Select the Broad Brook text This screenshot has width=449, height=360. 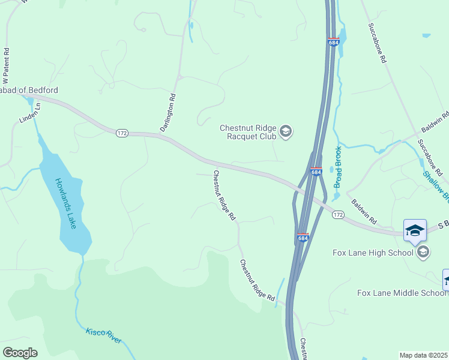tap(337, 167)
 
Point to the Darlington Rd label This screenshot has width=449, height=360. tap(167, 112)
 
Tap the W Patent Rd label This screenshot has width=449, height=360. tap(6, 66)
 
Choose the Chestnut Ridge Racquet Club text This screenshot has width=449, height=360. tap(247, 132)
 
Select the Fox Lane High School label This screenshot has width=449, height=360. tap(373, 253)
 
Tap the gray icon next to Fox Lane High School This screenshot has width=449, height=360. tap(423, 252)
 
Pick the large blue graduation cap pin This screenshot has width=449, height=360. tap(415, 232)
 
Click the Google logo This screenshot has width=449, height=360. tap(20, 353)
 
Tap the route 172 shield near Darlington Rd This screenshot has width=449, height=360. tap(122, 133)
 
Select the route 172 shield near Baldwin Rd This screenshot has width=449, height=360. tap(338, 214)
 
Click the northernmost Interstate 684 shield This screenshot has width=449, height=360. tap(334, 42)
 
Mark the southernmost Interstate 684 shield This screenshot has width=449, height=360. tap(303, 238)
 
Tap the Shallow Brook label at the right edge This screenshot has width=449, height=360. tap(435, 185)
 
